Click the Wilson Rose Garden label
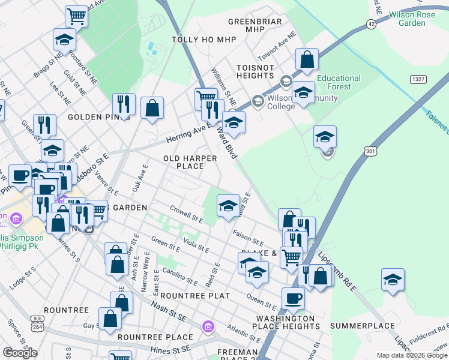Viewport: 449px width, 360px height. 415,18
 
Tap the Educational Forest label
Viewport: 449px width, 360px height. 339,82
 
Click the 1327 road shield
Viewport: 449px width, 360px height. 418,79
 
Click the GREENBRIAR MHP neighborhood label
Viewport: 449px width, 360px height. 255,25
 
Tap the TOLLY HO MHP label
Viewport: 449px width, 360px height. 204,40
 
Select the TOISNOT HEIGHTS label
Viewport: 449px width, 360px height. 255,71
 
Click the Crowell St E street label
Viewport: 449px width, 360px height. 187,214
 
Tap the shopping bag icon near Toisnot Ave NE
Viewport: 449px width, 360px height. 307,59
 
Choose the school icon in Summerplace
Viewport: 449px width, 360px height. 393,280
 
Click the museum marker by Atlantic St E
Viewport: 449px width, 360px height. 208,327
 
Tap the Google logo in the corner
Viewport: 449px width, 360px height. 20,353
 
